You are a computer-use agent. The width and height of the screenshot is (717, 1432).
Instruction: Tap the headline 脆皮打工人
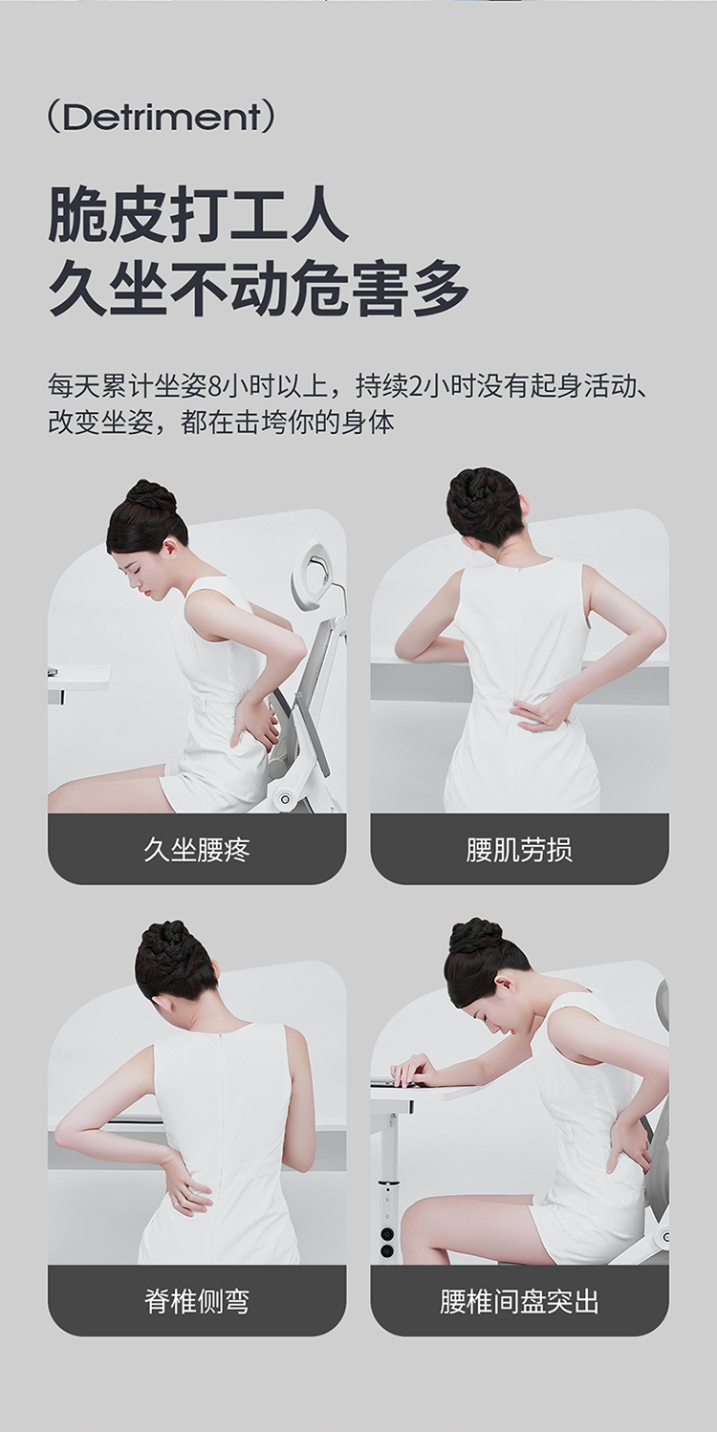198,215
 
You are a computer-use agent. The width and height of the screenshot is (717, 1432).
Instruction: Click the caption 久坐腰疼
197,850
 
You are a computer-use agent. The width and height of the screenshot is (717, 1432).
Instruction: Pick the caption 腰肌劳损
519,850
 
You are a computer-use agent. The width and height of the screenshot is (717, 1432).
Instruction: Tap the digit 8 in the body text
216,387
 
